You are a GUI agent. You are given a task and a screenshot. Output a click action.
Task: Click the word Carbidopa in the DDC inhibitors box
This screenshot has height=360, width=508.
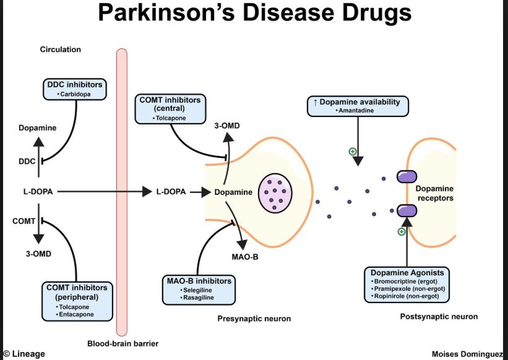point(76,94)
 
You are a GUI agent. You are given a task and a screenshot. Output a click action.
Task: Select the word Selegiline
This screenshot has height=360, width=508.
point(198,290)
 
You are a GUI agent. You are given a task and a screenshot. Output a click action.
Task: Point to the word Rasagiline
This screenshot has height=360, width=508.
point(198,298)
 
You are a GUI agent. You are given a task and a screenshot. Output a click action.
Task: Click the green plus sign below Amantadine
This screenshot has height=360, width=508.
point(353,151)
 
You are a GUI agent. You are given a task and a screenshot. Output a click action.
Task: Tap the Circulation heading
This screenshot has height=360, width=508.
point(61,49)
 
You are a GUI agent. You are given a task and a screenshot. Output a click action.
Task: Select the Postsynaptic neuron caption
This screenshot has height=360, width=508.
point(439,316)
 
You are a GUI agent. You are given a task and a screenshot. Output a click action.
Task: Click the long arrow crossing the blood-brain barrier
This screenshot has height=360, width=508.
point(99,192)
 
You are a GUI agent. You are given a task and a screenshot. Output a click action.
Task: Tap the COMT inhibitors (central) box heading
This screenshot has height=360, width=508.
point(171,103)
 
